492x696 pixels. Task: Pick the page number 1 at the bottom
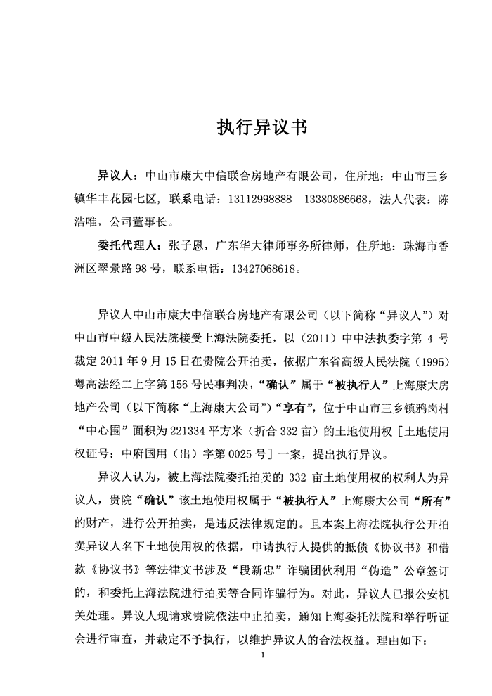coord(261,656)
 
